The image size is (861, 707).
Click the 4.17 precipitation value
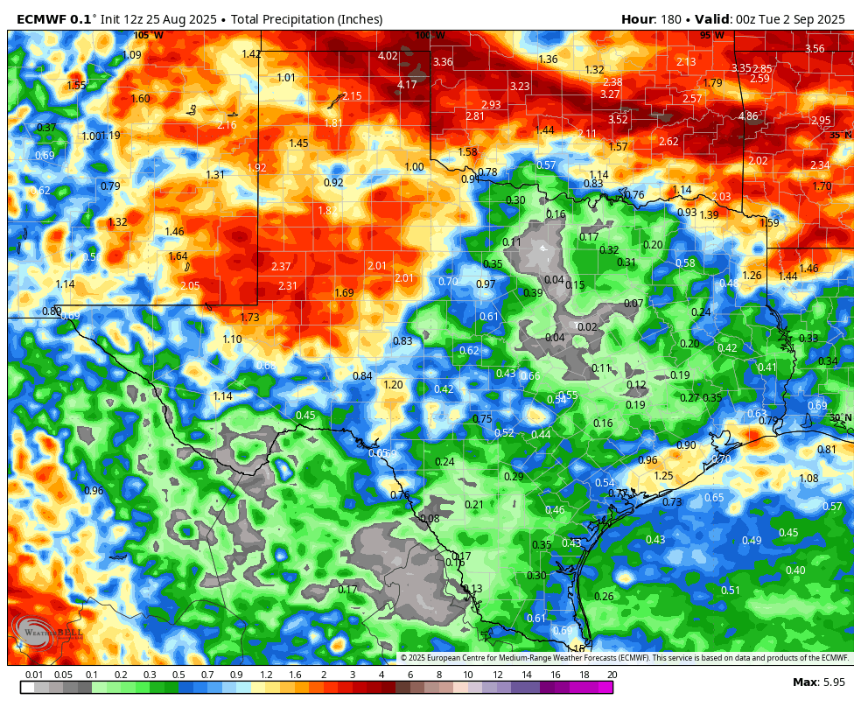point(407,85)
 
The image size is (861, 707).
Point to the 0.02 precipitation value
point(587,327)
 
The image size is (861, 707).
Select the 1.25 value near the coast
point(664,476)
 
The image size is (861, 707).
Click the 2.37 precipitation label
point(281,267)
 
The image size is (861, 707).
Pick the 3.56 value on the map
point(815,49)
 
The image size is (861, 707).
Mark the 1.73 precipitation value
point(249,318)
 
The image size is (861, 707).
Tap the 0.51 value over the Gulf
point(730,591)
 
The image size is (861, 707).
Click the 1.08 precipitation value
point(808,479)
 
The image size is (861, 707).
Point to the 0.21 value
point(474,505)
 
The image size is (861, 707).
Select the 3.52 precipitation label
point(618,120)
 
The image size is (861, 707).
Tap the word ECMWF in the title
point(42,19)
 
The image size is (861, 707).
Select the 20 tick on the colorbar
point(612,675)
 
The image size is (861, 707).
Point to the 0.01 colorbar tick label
point(34,675)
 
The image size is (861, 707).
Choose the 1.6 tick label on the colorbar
point(295,675)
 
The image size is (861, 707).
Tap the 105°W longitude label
point(148,35)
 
